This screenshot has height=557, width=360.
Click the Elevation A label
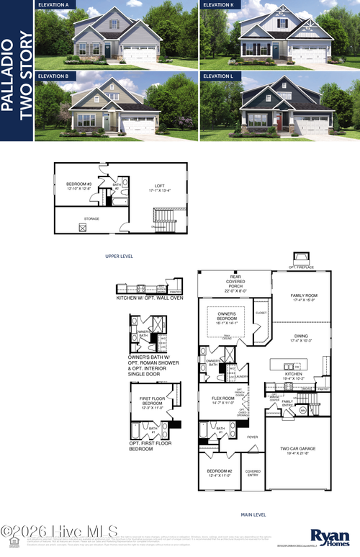click(x=53, y=4)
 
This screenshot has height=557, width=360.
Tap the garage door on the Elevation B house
click(x=138, y=125)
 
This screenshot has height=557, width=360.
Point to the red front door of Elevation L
click(x=279, y=122)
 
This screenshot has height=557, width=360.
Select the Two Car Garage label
click(x=301, y=450)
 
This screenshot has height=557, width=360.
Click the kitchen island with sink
click(x=291, y=365)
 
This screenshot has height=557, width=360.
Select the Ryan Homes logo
click(x=330, y=536)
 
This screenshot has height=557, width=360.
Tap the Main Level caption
click(x=253, y=514)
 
